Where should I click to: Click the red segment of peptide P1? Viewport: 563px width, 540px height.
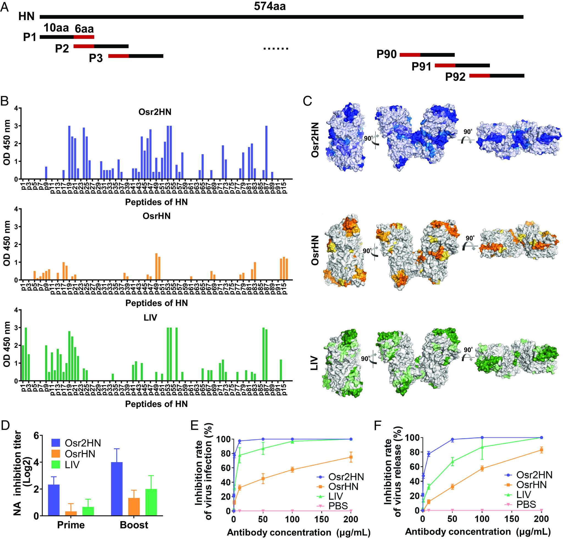[x=84, y=37]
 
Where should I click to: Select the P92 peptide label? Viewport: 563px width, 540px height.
[x=455, y=77]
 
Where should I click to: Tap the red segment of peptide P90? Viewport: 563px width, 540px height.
[x=410, y=54]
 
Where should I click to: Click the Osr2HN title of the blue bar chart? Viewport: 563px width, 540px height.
[x=155, y=112]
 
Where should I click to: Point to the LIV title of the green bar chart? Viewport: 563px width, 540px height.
[x=150, y=317]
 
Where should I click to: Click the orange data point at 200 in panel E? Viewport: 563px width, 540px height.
[x=351, y=457]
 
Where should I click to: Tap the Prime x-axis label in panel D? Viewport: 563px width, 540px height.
[x=71, y=525]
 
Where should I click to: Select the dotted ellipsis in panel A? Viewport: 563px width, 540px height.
[x=275, y=49]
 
